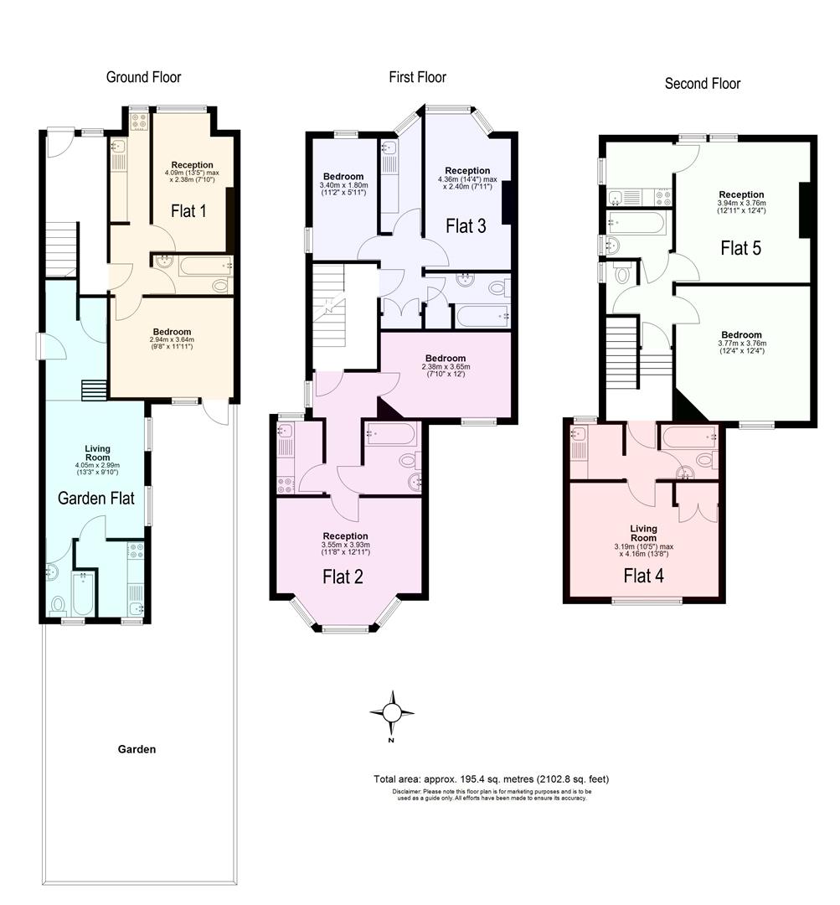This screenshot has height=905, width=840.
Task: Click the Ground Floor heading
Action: (x=143, y=78)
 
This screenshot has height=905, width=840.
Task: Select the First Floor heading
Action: (x=417, y=78)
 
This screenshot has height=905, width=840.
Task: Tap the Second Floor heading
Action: (x=702, y=83)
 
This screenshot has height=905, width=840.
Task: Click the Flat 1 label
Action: (x=188, y=211)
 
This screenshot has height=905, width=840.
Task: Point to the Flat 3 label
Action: (x=465, y=225)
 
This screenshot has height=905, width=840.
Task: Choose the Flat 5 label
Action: (x=740, y=248)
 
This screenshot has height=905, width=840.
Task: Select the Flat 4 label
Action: (x=645, y=576)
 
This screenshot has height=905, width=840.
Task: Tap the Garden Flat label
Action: (x=95, y=498)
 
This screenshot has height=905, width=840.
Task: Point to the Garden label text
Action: (x=137, y=750)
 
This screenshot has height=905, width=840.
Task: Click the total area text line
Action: (x=491, y=779)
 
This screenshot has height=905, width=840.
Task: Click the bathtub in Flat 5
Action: (x=637, y=222)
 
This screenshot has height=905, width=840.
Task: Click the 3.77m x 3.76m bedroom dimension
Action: (x=741, y=347)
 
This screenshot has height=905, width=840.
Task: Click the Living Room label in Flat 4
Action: (x=643, y=533)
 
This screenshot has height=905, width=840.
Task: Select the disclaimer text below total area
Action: (x=491, y=794)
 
